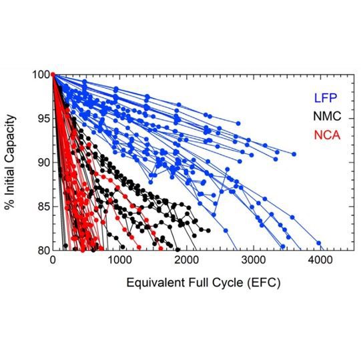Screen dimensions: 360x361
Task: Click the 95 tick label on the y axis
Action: tap(40, 118)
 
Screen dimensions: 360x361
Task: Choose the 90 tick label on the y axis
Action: tap(40, 162)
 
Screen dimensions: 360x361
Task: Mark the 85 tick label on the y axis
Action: tap(40, 206)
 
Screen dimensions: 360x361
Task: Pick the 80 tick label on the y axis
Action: tap(40, 250)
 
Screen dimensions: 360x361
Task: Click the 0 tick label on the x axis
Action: tap(53, 261)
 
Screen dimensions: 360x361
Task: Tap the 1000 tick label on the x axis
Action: tap(119, 261)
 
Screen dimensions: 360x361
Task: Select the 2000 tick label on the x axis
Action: tap(186, 261)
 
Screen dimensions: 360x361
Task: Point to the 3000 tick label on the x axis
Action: tap(253, 261)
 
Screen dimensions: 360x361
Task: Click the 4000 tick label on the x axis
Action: tap(320, 261)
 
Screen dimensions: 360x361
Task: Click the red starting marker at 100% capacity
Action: tap(53, 74)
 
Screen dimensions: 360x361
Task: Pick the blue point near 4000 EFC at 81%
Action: tap(319, 243)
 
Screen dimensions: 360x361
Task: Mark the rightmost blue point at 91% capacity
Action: tap(294, 154)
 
